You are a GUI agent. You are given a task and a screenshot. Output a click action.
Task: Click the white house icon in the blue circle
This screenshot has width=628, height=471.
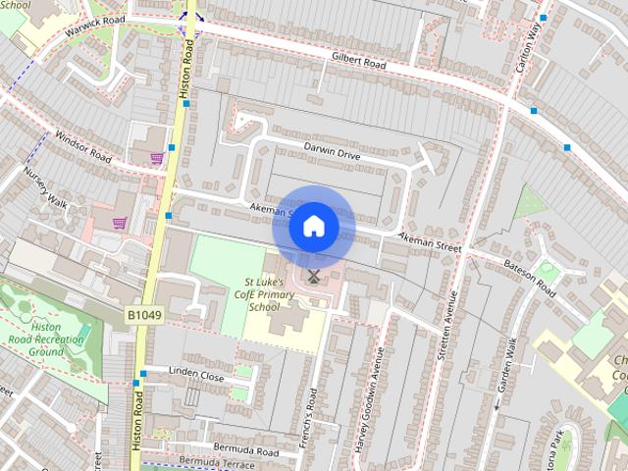point(313,226)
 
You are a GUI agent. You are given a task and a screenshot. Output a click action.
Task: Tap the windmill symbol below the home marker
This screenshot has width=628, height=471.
point(313,277)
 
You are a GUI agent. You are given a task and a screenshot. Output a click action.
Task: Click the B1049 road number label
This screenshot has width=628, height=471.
point(143,315)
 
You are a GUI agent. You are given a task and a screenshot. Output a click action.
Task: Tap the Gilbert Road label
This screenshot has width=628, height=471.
point(357,61)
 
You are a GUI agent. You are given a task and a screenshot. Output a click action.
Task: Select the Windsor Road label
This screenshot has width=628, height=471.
point(82,148)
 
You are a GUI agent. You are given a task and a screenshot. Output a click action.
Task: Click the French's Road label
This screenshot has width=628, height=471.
point(311,413)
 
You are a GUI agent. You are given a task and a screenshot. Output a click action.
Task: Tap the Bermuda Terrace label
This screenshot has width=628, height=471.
point(208,460)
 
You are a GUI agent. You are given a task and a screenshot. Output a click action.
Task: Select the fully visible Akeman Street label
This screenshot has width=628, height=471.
point(429,242)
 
